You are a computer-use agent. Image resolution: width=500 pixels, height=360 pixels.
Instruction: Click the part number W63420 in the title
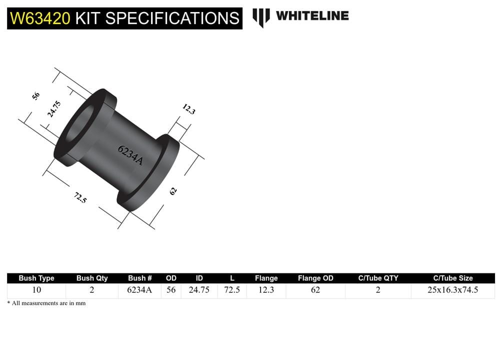40,18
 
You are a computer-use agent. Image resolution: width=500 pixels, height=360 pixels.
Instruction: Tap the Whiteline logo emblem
260,17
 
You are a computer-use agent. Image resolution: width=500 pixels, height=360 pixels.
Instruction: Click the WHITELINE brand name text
312,15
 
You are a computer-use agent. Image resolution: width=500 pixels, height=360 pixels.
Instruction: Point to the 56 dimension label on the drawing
36,95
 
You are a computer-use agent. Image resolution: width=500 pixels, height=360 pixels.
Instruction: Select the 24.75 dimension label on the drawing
54,109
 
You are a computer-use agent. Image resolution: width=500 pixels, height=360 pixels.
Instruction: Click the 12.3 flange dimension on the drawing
188,109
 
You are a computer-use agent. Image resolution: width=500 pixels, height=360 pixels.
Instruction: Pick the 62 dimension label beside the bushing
173,190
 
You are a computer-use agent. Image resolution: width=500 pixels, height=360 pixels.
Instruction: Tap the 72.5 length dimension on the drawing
80,197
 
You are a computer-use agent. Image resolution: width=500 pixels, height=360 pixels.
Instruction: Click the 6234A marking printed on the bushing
130,155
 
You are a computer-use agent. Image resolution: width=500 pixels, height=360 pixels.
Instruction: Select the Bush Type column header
36,278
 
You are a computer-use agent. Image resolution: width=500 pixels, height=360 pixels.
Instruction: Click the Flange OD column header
315,278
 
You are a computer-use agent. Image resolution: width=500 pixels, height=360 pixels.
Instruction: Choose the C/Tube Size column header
452,278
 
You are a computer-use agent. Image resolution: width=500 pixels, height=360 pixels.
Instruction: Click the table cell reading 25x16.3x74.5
452,290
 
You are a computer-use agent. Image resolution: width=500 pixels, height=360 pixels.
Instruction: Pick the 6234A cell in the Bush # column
139,290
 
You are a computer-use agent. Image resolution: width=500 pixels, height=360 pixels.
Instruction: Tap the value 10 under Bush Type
36,290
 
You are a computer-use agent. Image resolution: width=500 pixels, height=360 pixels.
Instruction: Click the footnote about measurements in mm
46,303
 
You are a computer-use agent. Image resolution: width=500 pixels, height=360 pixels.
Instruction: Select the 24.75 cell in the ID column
198,290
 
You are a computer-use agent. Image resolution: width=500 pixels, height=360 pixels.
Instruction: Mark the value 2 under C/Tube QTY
378,290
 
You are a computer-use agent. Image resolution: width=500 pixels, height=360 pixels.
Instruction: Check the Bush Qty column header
92,278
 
